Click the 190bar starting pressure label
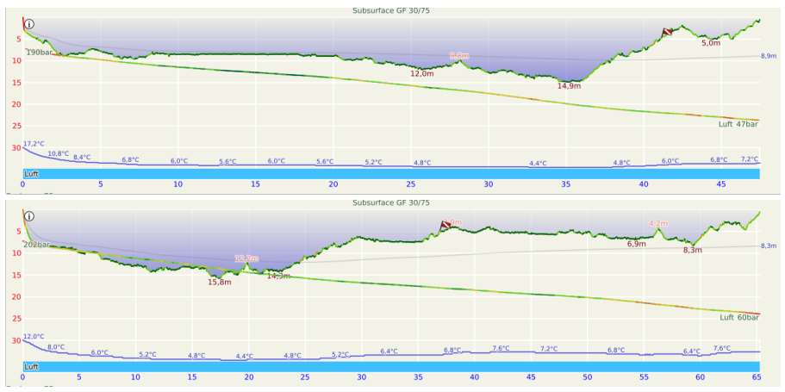tap(39, 53)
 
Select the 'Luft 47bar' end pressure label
tap(738, 124)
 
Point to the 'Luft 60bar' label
tap(739, 317)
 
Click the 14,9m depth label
tap(569, 86)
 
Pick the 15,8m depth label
tap(220, 282)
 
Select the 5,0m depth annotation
tap(711, 43)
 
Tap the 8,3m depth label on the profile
tap(693, 250)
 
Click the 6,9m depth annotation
tap(636, 245)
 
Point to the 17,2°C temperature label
tap(34, 144)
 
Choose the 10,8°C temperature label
tap(58, 153)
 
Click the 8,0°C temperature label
tap(56, 346)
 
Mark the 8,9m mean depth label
tap(769, 56)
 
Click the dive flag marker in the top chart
tap(667, 32)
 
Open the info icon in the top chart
tap(28, 24)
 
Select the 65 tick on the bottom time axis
tap(757, 377)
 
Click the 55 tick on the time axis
tap(644, 377)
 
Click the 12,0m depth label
tap(421, 74)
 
